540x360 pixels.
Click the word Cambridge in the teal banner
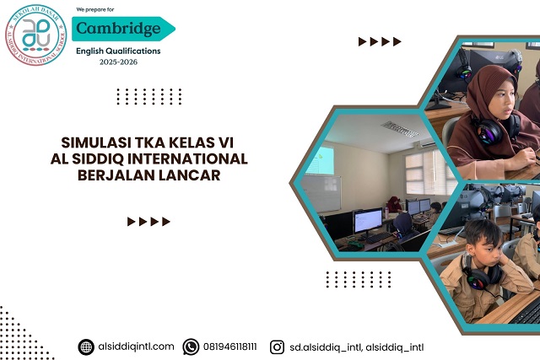pos(117,29)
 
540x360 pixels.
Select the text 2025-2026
pos(117,62)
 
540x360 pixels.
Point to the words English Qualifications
pos(117,51)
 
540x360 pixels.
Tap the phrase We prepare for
pos(95,8)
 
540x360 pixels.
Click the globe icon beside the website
pos(86,347)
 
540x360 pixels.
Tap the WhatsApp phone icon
pos(192,347)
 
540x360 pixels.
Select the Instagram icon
pos(277,347)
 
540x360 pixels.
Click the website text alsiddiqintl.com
pos(136,347)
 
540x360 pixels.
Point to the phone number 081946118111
pos(230,347)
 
